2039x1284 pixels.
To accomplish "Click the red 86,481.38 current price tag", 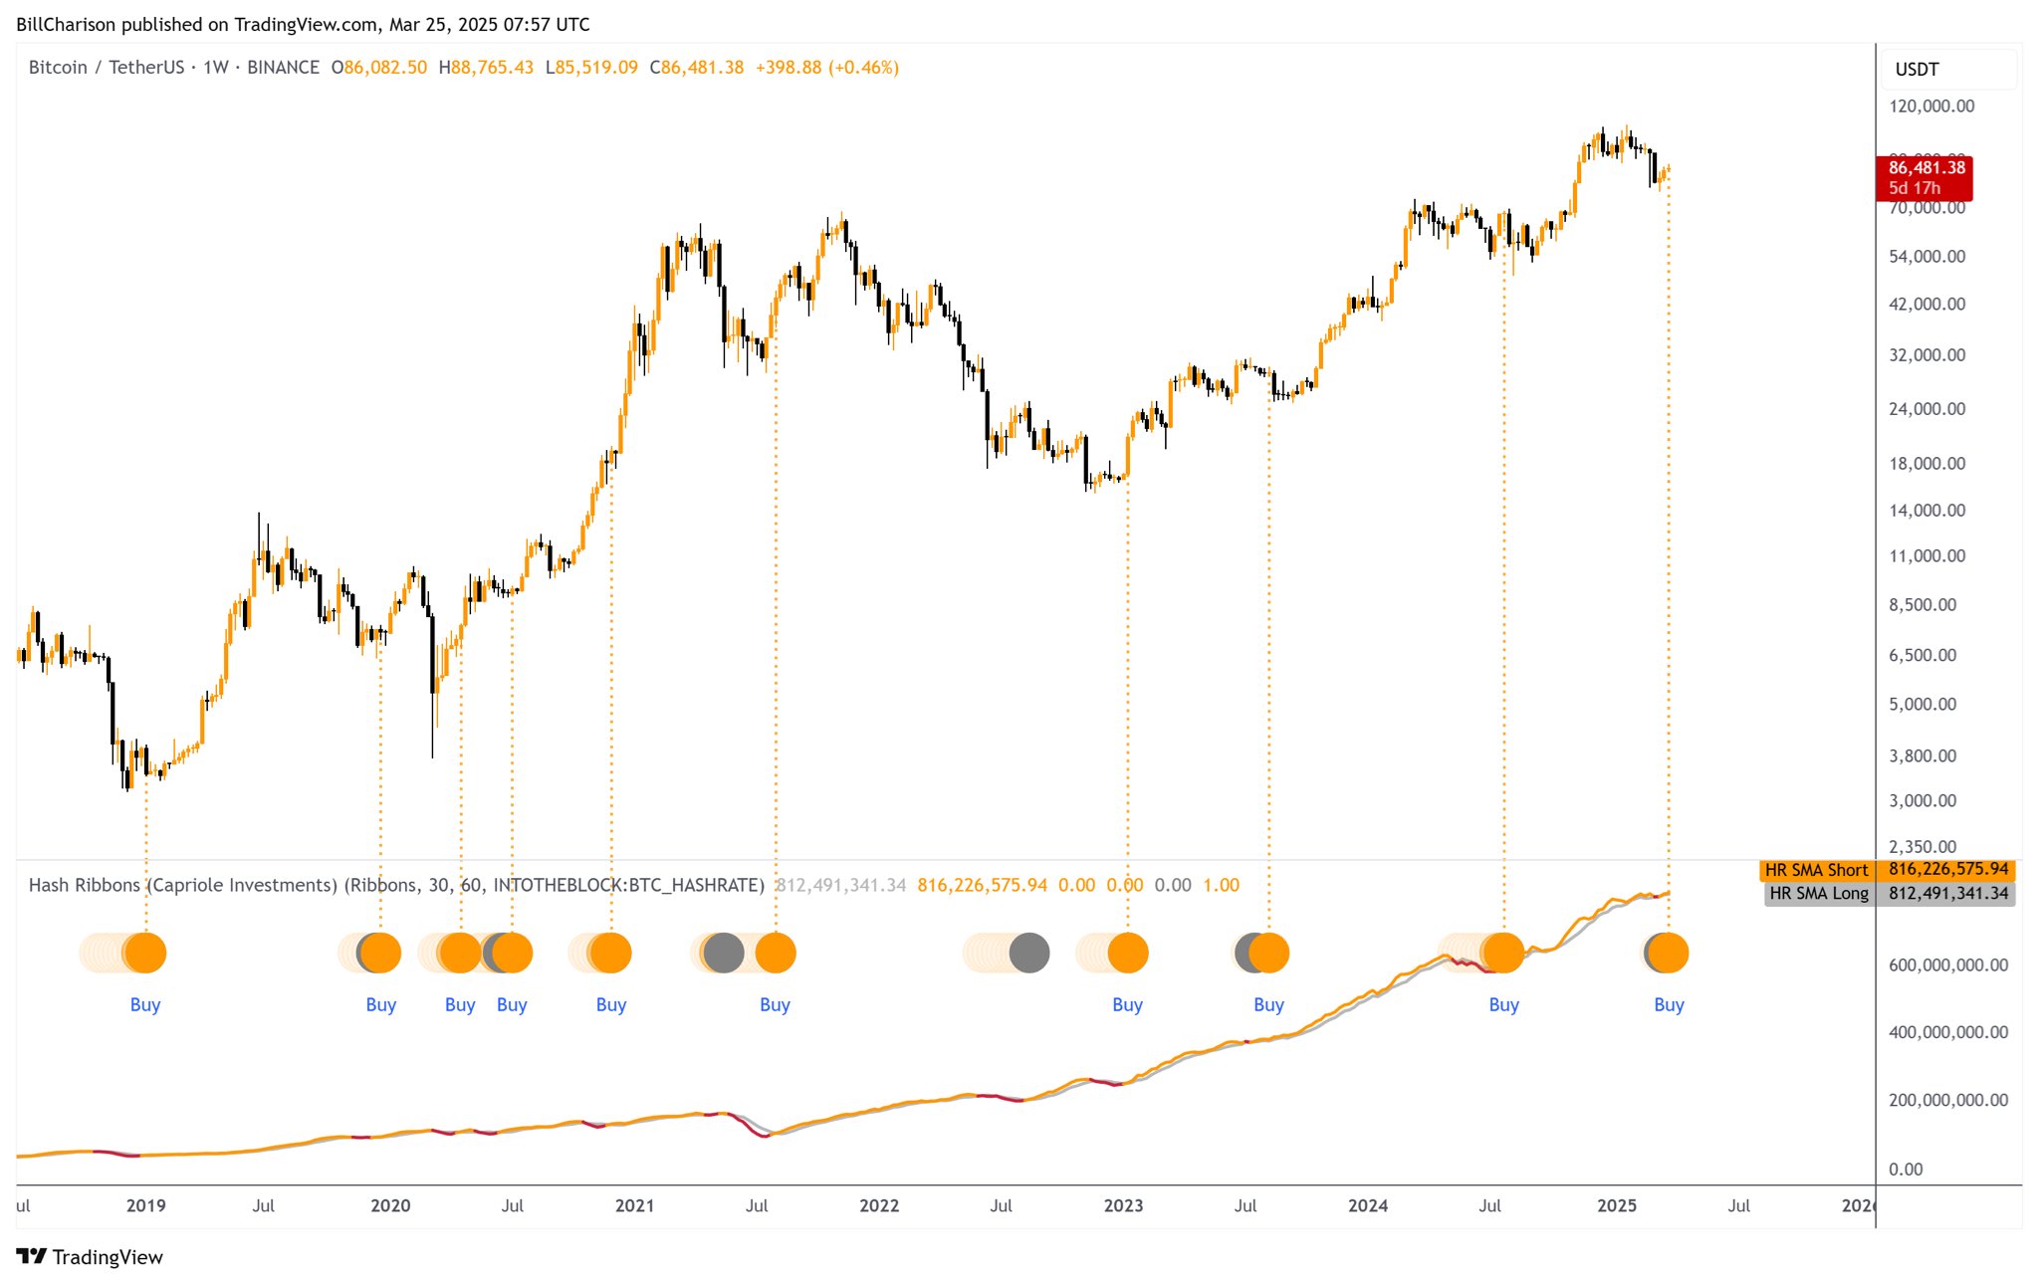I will (1926, 177).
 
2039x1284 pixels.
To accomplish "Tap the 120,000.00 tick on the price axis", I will (1930, 107).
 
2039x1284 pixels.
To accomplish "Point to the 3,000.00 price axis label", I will (1922, 800).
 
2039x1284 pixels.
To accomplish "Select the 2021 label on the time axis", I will (634, 1205).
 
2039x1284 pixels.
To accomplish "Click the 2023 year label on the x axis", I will (1123, 1205).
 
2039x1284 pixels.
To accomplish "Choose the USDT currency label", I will (1917, 70).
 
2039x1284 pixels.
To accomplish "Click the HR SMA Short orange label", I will (1816, 870).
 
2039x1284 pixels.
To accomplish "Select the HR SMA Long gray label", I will (1818, 893).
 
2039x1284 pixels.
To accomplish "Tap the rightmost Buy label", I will (1669, 1004).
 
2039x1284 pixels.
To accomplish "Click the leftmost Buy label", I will (145, 1004).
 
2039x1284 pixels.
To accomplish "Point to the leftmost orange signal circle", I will (145, 953).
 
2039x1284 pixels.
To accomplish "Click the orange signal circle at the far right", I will (1669, 953).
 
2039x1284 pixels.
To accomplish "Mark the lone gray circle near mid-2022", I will (1028, 953).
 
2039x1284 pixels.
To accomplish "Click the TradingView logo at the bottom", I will (90, 1257).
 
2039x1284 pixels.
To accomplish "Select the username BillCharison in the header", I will (66, 25).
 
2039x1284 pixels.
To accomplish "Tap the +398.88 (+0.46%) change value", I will (826, 68).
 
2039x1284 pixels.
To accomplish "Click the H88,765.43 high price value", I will (486, 68).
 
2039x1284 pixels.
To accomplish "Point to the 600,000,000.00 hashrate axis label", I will (1947, 964).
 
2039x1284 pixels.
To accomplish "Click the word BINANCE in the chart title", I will (283, 68).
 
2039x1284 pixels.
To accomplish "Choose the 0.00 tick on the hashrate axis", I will (1906, 1170).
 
